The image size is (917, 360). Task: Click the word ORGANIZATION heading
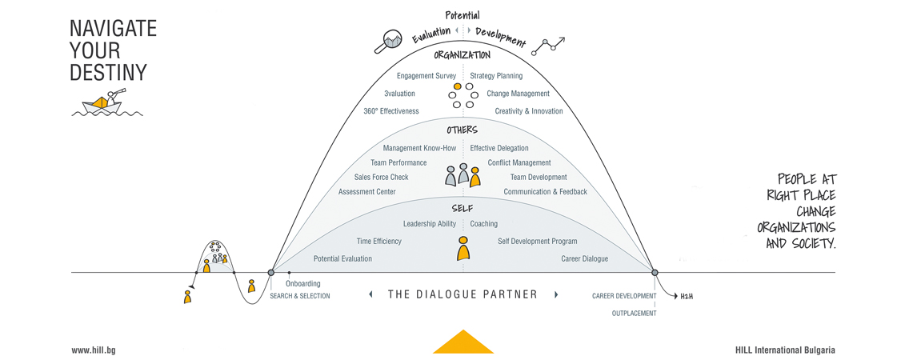point(462,55)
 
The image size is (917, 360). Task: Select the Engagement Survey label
point(426,76)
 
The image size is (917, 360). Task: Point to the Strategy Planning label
point(497,76)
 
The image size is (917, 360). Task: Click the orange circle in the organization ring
point(458,86)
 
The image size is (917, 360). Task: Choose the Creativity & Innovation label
point(529,111)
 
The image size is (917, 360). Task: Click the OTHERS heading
point(463,130)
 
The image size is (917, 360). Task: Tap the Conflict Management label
point(519,163)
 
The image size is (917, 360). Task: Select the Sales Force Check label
point(382,177)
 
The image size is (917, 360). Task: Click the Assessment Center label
point(366,192)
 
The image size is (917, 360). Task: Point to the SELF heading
point(463,208)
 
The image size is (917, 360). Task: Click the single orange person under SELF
point(463,248)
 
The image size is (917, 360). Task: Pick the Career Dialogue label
point(585,258)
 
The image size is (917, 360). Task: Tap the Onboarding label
point(303,283)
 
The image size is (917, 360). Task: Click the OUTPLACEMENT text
point(634,314)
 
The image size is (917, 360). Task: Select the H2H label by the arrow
point(687,296)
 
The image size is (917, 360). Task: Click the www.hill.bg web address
point(90,350)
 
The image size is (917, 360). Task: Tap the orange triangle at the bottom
point(463,342)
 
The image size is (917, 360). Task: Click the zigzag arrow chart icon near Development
point(548,46)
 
